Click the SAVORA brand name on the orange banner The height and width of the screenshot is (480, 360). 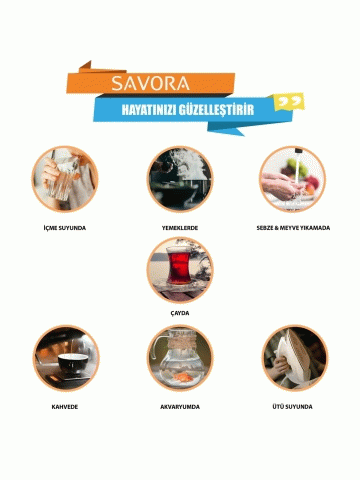click(150, 83)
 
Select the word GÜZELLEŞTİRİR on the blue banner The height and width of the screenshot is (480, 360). click(216, 109)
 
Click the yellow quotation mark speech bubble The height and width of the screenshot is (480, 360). click(288, 101)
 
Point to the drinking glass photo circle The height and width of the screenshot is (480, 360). click(65, 179)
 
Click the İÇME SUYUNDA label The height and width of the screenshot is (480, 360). click(65, 228)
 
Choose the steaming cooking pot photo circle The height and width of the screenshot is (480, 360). click(180, 179)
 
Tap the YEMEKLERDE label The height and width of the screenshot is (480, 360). click(180, 228)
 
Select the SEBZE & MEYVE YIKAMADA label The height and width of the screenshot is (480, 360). click(293, 228)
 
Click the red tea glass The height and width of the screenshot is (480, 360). click(178, 268)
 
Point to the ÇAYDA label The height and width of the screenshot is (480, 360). click(180, 313)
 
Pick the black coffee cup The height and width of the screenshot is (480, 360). click(73, 362)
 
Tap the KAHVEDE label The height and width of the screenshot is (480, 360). click(65, 407)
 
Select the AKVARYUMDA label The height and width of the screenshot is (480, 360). click(180, 407)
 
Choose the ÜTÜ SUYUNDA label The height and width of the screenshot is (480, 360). click(292, 407)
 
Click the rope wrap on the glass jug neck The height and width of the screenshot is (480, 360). click(180, 343)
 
